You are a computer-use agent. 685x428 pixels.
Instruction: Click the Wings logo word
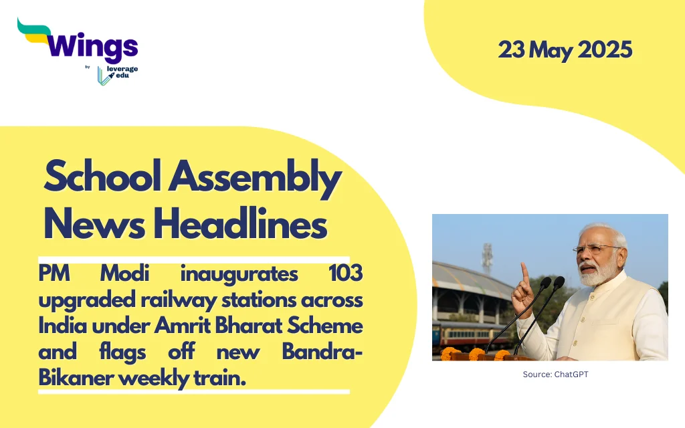[x=92, y=46]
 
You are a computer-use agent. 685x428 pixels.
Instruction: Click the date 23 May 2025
[x=565, y=50]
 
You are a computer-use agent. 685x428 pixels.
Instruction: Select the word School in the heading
[x=102, y=177]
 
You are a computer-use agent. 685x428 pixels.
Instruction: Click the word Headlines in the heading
[x=240, y=223]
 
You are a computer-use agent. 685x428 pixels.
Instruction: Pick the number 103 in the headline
[x=346, y=274]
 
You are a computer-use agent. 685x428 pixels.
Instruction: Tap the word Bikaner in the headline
[x=76, y=378]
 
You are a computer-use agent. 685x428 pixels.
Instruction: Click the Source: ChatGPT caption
[x=555, y=374]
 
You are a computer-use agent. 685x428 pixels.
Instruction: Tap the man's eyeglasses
[x=597, y=250]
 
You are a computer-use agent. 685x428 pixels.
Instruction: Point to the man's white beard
[x=596, y=273]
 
